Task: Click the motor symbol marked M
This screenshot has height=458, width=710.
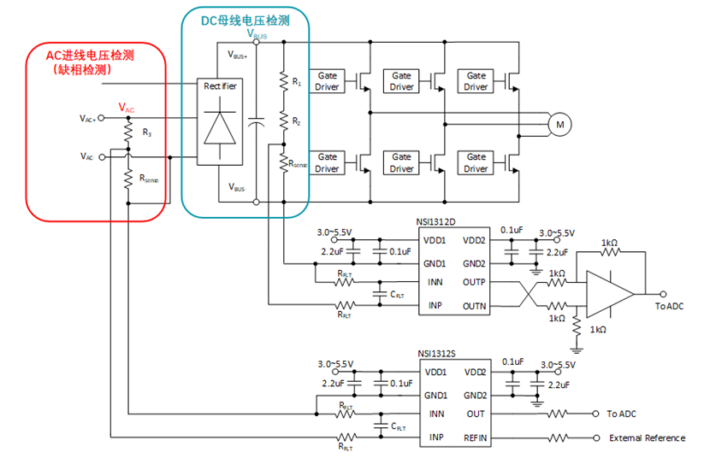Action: pyautogui.click(x=560, y=126)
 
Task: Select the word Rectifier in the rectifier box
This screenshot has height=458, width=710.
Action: pyautogui.click(x=220, y=85)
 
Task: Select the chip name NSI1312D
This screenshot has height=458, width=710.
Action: pyautogui.click(x=438, y=223)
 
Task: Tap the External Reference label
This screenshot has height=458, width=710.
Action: pyautogui.click(x=647, y=438)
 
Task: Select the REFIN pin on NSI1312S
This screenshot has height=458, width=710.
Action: pyautogui.click(x=475, y=437)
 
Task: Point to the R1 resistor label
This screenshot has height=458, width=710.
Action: pyautogui.click(x=296, y=82)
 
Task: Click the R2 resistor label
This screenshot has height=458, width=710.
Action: pyautogui.click(x=296, y=122)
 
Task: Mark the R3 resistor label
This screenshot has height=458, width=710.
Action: pyautogui.click(x=146, y=133)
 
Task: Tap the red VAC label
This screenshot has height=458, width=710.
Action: pyautogui.click(x=126, y=109)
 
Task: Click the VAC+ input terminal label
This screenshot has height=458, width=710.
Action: pyautogui.click(x=88, y=118)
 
